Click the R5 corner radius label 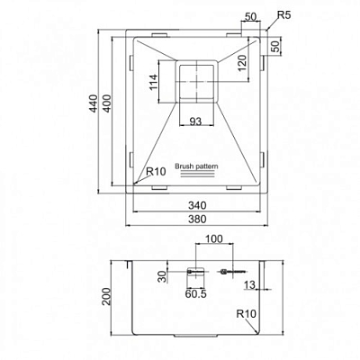pos(283,15)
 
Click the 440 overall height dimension pos(94,103)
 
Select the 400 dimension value pos(107,103)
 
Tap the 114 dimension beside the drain pos(153,82)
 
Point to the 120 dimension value pos(242,63)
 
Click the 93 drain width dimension pos(195,121)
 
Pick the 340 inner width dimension pos(197,205)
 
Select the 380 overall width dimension pos(197,219)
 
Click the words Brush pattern pos(196,166)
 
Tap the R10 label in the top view pos(156,172)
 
